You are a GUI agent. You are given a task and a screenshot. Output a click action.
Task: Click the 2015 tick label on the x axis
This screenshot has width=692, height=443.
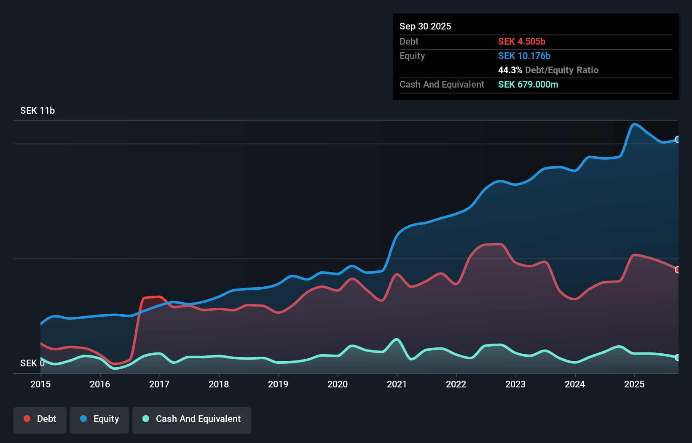coord(40,384)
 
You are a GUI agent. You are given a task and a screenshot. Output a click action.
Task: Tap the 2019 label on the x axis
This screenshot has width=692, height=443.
coord(278,384)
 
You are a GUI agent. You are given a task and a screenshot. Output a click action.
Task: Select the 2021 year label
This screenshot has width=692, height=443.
coord(397,384)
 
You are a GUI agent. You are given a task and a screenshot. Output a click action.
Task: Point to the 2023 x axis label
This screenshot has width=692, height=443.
coord(515,384)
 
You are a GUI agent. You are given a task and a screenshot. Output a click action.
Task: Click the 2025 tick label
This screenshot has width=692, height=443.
coord(634,384)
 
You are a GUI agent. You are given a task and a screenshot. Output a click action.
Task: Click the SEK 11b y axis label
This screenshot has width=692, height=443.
coord(38,110)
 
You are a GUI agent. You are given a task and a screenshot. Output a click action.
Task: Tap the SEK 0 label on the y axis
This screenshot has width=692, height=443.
coord(32,363)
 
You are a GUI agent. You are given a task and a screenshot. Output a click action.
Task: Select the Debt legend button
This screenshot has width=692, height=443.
coord(40,419)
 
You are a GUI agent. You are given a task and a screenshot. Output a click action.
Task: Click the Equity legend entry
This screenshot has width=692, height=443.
coord(99,419)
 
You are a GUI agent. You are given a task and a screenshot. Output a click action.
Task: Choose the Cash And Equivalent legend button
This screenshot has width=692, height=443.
coord(192,419)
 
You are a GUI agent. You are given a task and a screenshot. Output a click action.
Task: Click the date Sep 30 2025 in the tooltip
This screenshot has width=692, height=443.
coord(425,26)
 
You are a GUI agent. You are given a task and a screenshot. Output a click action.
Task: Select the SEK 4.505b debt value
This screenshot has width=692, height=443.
coord(522,41)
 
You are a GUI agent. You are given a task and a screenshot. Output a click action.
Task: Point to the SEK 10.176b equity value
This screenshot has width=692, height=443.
coord(524,56)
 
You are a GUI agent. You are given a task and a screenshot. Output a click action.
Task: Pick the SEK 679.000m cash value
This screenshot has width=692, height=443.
coord(528,84)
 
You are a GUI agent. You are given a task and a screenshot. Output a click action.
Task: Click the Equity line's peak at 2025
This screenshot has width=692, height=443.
coord(634,124)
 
